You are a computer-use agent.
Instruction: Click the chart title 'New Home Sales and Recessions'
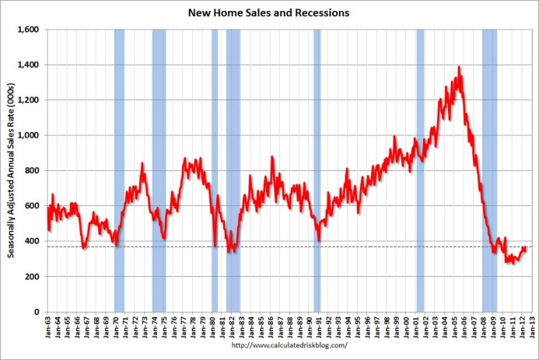[x=268, y=13]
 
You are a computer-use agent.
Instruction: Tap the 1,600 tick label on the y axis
[x=30, y=30]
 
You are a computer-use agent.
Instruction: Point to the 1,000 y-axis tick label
[x=30, y=135]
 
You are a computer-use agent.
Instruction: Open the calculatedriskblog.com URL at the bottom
[x=268, y=347]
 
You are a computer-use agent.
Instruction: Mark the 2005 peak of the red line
[x=460, y=68]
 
